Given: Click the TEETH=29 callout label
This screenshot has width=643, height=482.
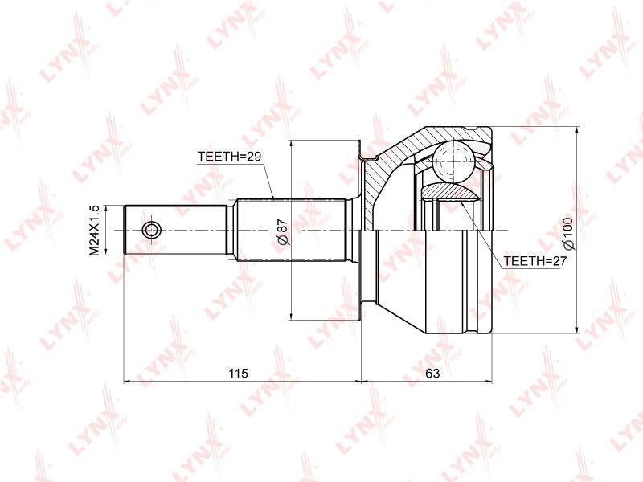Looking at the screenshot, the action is click(x=229, y=156).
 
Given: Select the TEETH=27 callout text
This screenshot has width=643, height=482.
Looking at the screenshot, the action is click(x=534, y=260).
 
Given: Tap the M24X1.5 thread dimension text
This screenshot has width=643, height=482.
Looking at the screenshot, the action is click(x=95, y=231).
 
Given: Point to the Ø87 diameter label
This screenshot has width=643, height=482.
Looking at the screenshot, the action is click(x=283, y=232).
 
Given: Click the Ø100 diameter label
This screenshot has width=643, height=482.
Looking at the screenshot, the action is click(x=568, y=234).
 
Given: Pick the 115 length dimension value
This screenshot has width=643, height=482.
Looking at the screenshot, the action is click(x=239, y=374).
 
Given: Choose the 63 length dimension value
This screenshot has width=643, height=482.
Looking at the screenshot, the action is click(x=432, y=374).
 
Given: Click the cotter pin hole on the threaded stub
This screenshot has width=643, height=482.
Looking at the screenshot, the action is click(x=152, y=231).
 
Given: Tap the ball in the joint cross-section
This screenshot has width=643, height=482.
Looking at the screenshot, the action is click(x=454, y=161).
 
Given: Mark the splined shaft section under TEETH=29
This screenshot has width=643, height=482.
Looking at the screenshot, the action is click(x=292, y=230).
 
